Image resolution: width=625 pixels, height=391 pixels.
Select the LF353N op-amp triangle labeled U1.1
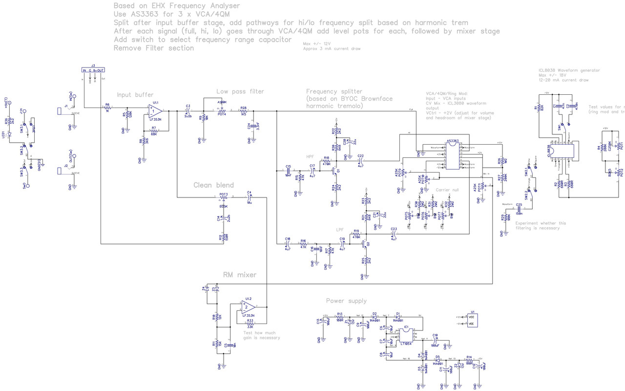[156, 112]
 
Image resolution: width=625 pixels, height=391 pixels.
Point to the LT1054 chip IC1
[406, 336]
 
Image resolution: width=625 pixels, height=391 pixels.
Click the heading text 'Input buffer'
[135, 95]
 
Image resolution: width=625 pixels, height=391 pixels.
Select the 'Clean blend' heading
[213, 185]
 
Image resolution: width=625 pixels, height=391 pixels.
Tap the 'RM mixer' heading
[239, 275]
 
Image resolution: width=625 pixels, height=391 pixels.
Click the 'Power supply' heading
[346, 301]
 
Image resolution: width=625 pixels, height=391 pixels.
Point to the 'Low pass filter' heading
[240, 91]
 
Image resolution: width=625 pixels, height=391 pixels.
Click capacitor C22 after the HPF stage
[360, 160]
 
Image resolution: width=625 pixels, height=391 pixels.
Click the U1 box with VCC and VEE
[472, 320]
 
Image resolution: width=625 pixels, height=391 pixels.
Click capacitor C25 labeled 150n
[519, 209]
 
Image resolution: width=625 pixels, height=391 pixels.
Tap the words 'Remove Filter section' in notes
[153, 48]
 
